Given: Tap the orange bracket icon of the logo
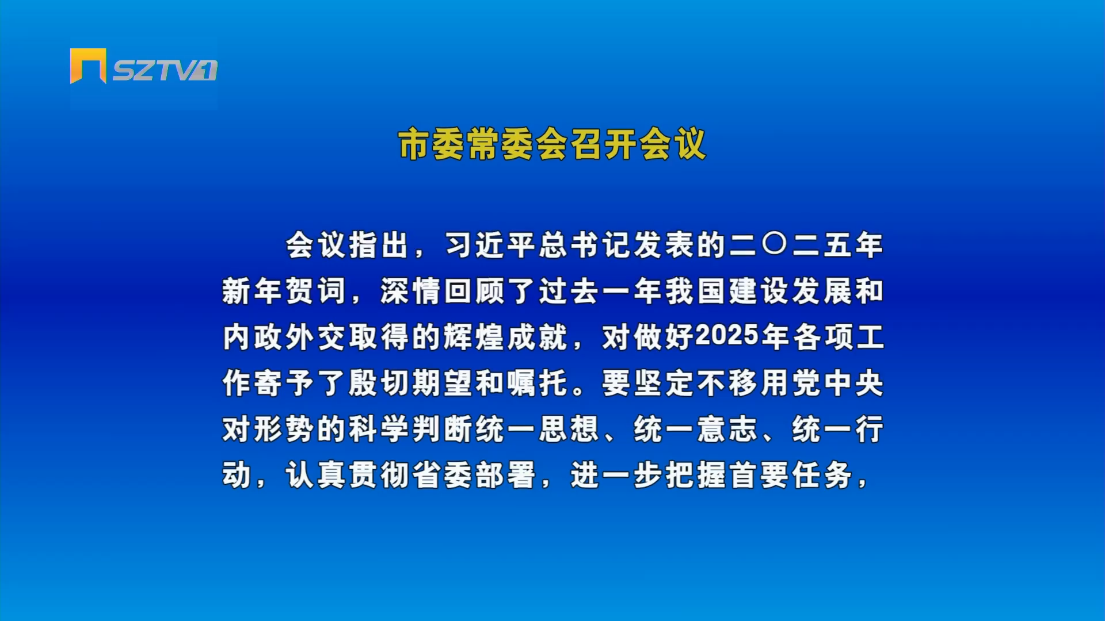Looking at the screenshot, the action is pyautogui.click(x=88, y=66).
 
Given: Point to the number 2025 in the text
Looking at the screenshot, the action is pyautogui.click(x=727, y=336).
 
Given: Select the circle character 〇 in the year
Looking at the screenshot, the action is pyautogui.click(x=774, y=244).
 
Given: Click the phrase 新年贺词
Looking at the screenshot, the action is pyautogui.click(x=284, y=291).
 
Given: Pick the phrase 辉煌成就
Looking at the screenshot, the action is pyautogui.click(x=505, y=337).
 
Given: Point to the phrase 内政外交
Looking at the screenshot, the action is pyautogui.click(x=284, y=337).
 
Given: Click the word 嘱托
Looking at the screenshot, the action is pyautogui.click(x=537, y=383).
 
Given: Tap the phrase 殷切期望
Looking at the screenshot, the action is pyautogui.click(x=410, y=383).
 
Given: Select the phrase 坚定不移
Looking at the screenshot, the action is pyautogui.click(x=695, y=383).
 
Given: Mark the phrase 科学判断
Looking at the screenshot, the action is pyautogui.click(x=410, y=429).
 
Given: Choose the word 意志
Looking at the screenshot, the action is pyautogui.click(x=727, y=429).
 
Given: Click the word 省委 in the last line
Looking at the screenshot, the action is pyautogui.click(x=442, y=475).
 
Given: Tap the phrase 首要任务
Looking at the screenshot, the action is pyautogui.click(x=790, y=475).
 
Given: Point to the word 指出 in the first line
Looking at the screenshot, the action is pyautogui.click(x=379, y=245).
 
